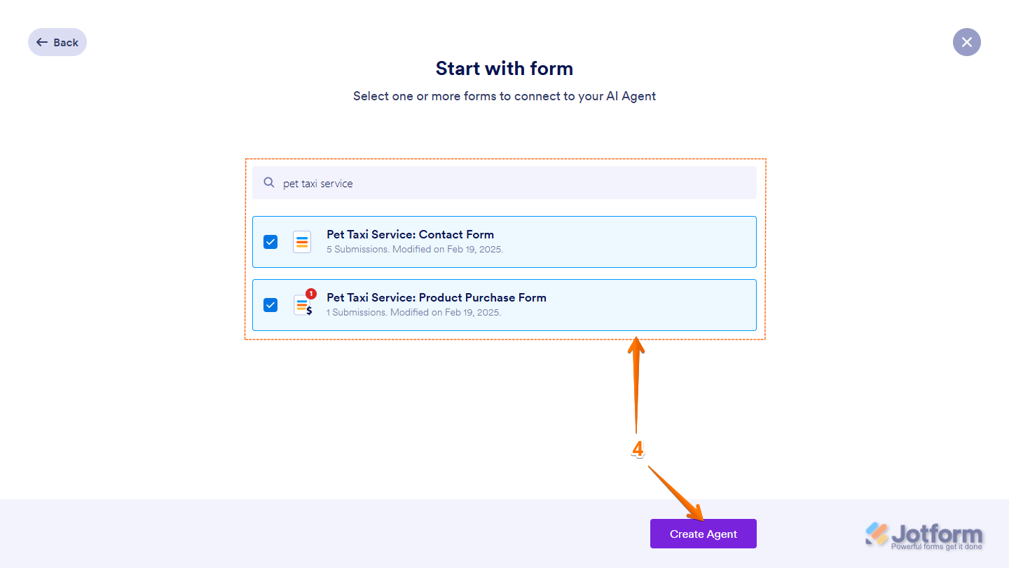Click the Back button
coord(57,42)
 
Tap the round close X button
coord(966,42)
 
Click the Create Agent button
coord(703,534)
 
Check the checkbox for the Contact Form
coord(270,242)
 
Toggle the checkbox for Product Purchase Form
coord(270,305)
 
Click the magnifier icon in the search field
coord(269,182)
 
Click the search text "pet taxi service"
coord(318,184)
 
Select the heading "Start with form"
coord(504,68)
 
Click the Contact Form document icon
coord(302,242)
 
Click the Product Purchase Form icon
coord(303,306)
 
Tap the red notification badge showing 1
coord(311,294)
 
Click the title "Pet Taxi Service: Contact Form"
coord(410,234)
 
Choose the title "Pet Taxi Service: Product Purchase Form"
coord(436,297)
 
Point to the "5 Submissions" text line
coord(414,249)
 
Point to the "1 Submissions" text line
coord(413,312)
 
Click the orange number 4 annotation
coord(638,449)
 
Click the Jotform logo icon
coord(877,534)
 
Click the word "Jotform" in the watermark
coord(937,534)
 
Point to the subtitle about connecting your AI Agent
coord(504,96)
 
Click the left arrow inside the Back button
coord(42,42)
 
